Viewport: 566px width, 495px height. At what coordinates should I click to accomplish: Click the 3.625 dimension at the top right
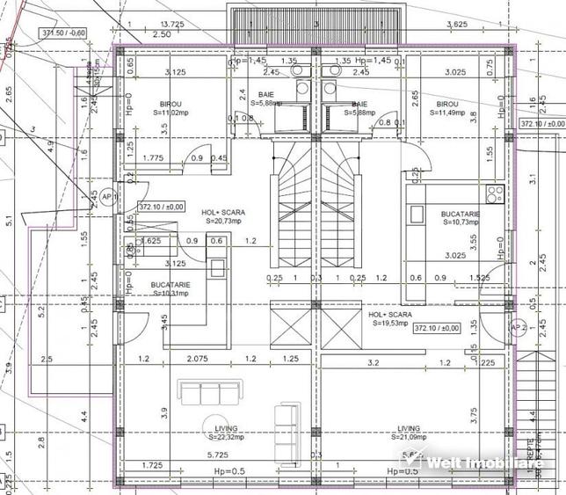click(x=455, y=23)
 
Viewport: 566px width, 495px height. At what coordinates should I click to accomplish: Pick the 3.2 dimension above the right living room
click(x=373, y=361)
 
